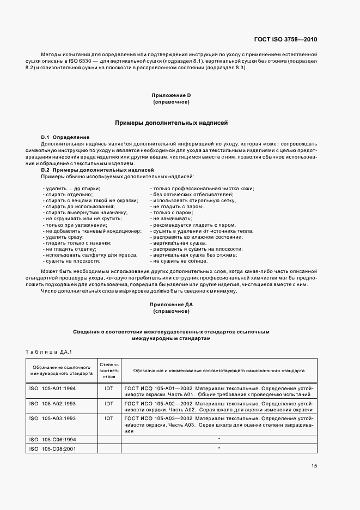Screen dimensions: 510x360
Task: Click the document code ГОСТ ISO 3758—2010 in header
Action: coord(285,39)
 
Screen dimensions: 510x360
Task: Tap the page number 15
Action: coord(314,465)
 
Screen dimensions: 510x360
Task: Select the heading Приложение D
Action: coord(171,95)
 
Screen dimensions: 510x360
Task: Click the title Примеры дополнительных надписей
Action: coord(171,123)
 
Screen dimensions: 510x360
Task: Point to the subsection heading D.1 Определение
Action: coord(65,137)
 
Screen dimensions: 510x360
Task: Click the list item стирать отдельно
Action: coord(68,195)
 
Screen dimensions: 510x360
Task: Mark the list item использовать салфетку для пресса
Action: coord(90,255)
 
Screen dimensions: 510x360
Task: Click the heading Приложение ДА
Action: coord(171,305)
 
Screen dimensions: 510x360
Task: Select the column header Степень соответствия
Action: coord(109,370)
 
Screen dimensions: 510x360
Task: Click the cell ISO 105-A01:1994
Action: coord(52,388)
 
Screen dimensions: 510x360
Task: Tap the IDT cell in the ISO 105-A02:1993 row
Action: coord(109,404)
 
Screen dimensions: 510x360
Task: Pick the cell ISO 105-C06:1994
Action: coord(52,439)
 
